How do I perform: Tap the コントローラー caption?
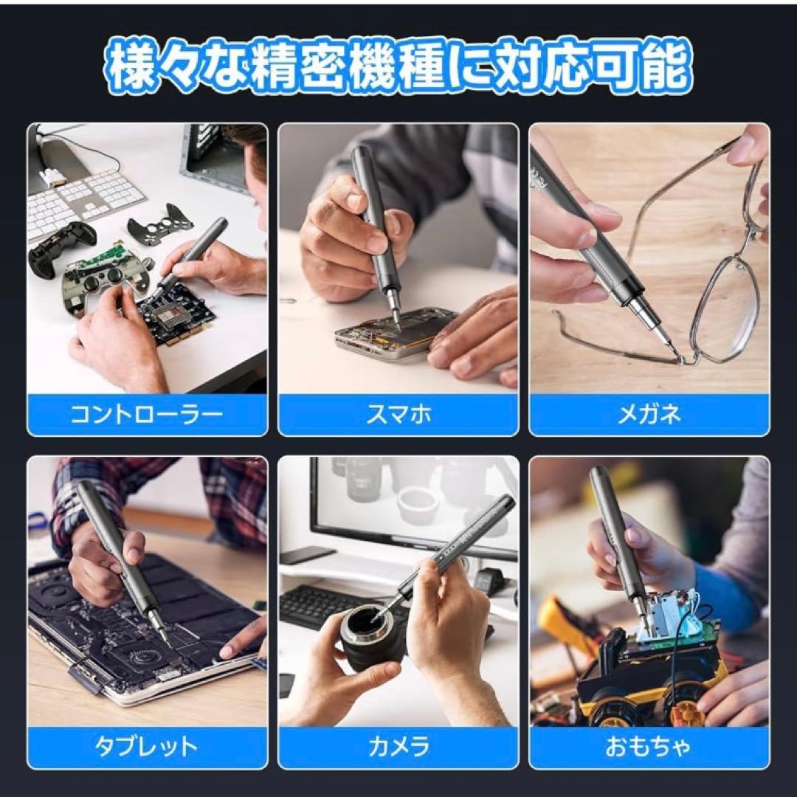click(x=147, y=414)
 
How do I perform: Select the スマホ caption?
click(x=398, y=414)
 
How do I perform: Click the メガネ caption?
click(x=649, y=414)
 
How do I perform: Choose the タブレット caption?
click(x=147, y=747)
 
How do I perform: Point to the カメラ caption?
click(x=398, y=747)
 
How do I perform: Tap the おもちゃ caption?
click(x=649, y=747)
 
